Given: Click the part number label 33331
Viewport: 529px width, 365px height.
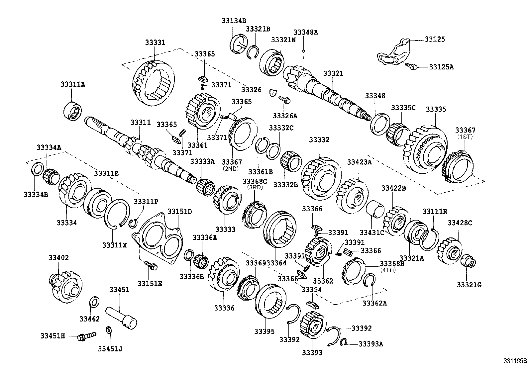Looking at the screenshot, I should click(155, 43).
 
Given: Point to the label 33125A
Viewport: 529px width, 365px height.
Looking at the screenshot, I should click(441, 67).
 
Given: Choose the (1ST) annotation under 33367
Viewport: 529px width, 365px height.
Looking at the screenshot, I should click(465, 137).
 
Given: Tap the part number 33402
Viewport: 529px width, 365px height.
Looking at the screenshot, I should click(58, 257).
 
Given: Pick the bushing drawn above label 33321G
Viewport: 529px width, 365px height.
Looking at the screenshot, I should click(469, 260).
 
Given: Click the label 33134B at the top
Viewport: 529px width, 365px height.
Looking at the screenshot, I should click(234, 21).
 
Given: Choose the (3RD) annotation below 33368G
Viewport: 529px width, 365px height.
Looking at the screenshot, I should click(255, 187).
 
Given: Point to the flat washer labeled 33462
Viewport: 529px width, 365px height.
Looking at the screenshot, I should click(94, 302).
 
